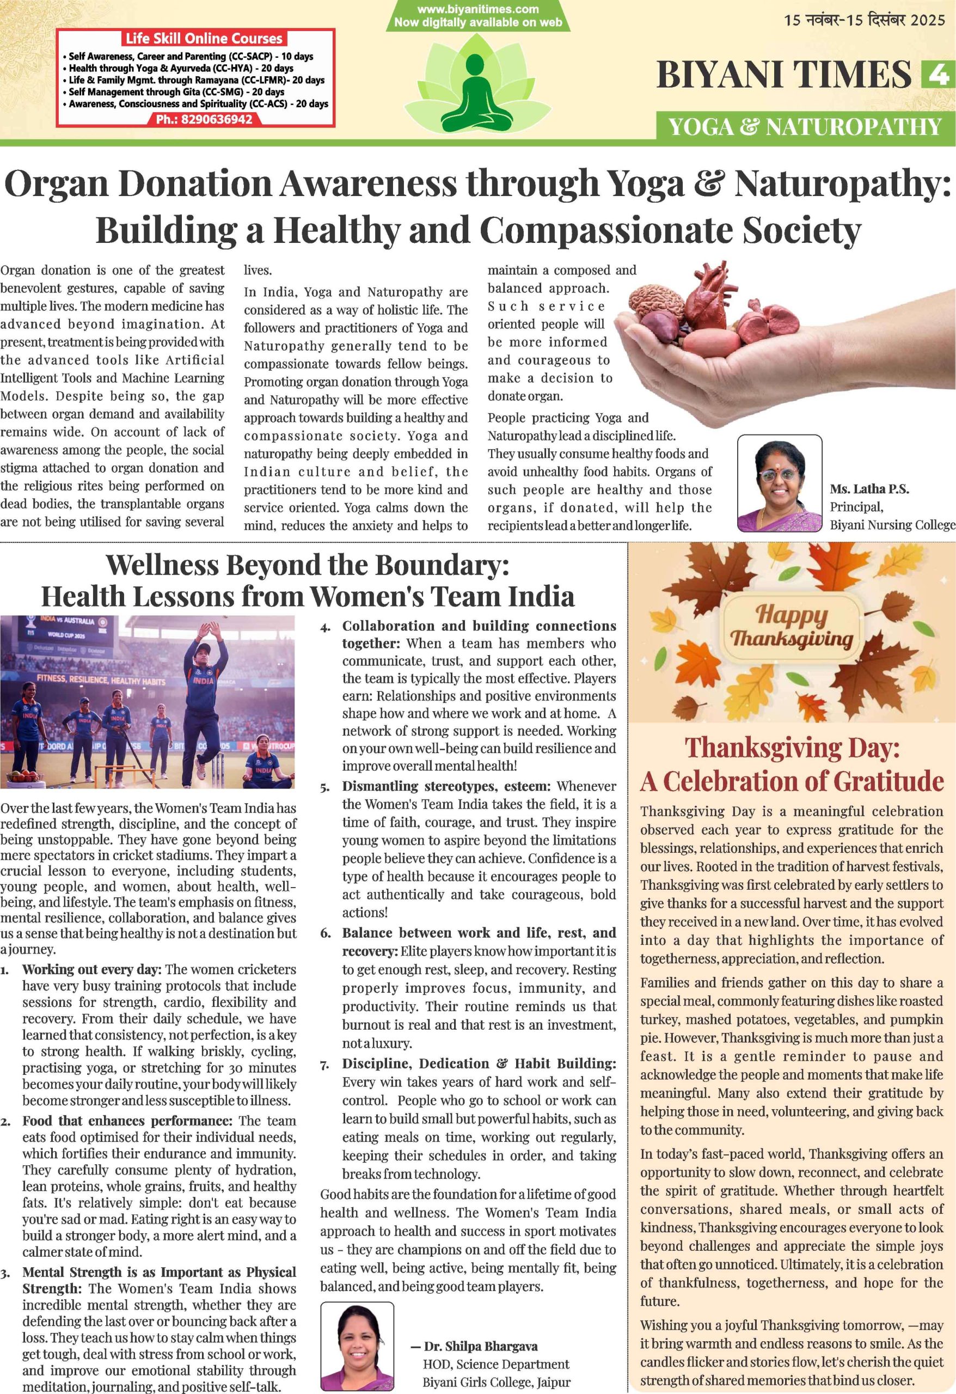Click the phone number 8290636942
coord(205,119)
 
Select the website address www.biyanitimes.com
coord(478,9)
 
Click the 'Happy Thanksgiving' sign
coord(792,626)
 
